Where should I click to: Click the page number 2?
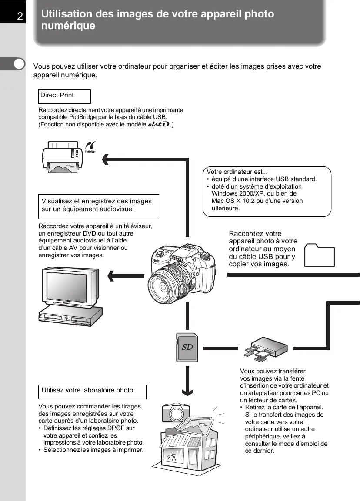click(20, 17)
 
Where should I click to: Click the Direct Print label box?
click(64, 96)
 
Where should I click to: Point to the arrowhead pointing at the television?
click(111, 275)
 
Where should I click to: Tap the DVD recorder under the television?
click(70, 316)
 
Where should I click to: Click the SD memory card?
click(187, 348)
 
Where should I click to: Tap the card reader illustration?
click(265, 347)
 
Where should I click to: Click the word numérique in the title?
click(68, 26)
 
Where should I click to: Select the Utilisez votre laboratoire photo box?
click(93, 392)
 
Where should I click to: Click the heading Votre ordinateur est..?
click(237, 171)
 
